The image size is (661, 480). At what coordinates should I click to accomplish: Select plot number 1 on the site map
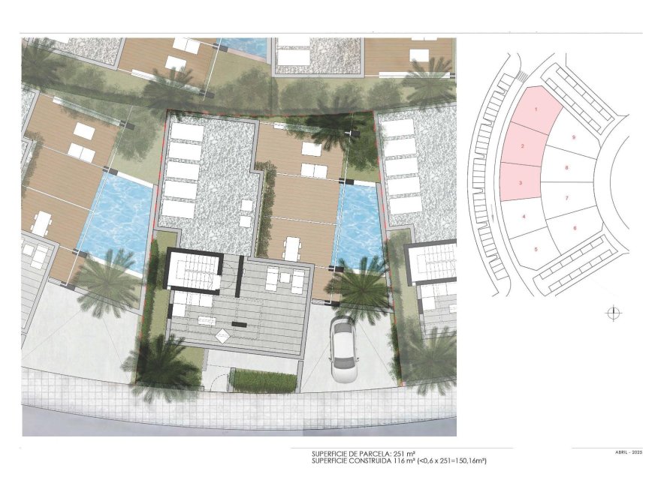point(536,110)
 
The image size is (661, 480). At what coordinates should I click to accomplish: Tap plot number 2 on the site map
point(522,146)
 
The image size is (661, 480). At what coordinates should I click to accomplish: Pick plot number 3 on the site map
point(521,182)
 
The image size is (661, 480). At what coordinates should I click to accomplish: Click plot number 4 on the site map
point(524,217)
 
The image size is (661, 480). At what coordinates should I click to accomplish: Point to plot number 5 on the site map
point(536,249)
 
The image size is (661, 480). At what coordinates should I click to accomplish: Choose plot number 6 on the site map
point(575,228)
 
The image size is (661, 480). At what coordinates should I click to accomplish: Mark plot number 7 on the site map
point(567,198)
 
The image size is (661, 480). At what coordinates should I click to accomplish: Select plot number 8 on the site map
point(566,168)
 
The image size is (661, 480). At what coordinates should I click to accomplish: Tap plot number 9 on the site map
point(573,137)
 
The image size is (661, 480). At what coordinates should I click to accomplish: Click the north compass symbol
point(614,313)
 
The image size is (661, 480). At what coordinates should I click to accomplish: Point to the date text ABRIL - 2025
point(628,453)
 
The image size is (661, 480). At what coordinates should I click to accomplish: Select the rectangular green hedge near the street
point(262,379)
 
